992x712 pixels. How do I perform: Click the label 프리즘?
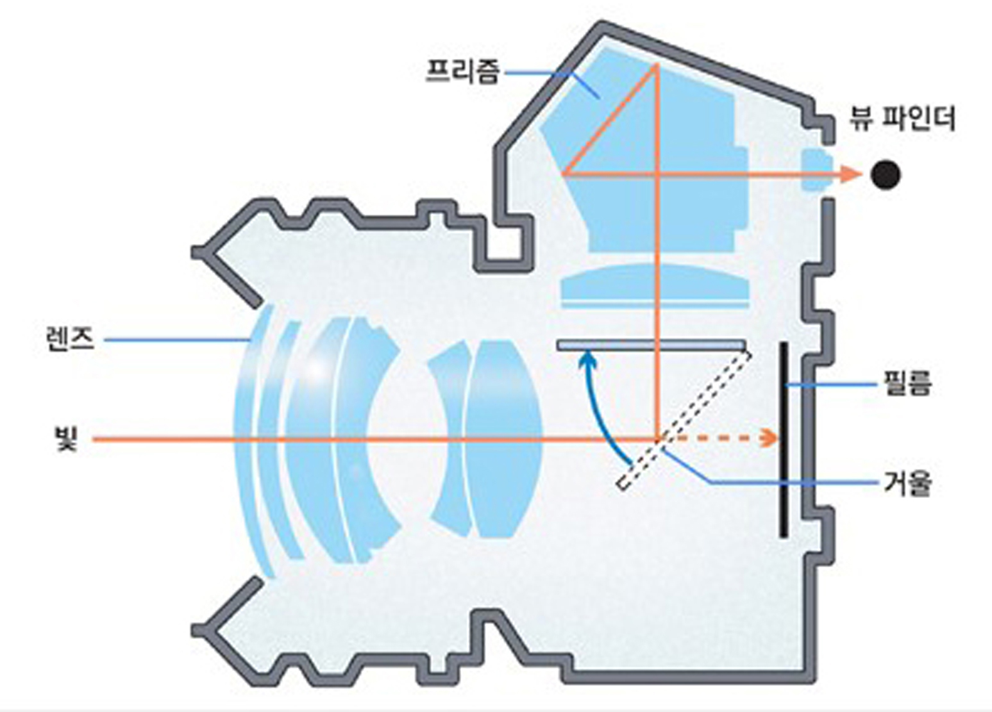[x=463, y=72]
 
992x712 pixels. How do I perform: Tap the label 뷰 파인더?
[x=902, y=118]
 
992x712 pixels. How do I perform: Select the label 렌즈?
[x=70, y=340]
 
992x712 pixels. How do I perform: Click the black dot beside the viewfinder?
[x=886, y=175]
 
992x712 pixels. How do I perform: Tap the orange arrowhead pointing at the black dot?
[x=851, y=174]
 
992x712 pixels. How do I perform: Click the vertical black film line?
[x=784, y=440]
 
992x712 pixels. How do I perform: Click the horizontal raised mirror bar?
[x=652, y=345]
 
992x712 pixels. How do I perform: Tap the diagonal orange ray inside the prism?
[x=609, y=119]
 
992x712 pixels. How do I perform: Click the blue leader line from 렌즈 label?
[x=177, y=340]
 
